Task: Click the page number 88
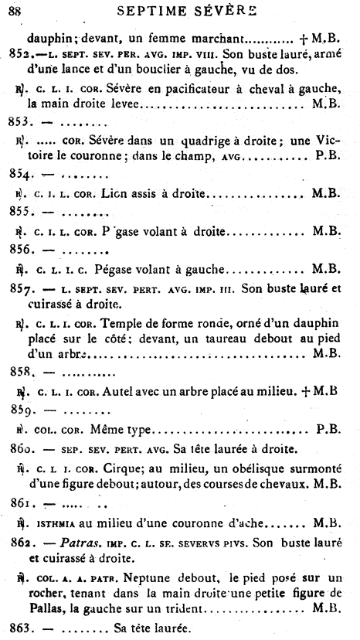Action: (x=14, y=10)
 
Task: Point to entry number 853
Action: (x=25, y=121)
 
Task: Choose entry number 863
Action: (x=25, y=628)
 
